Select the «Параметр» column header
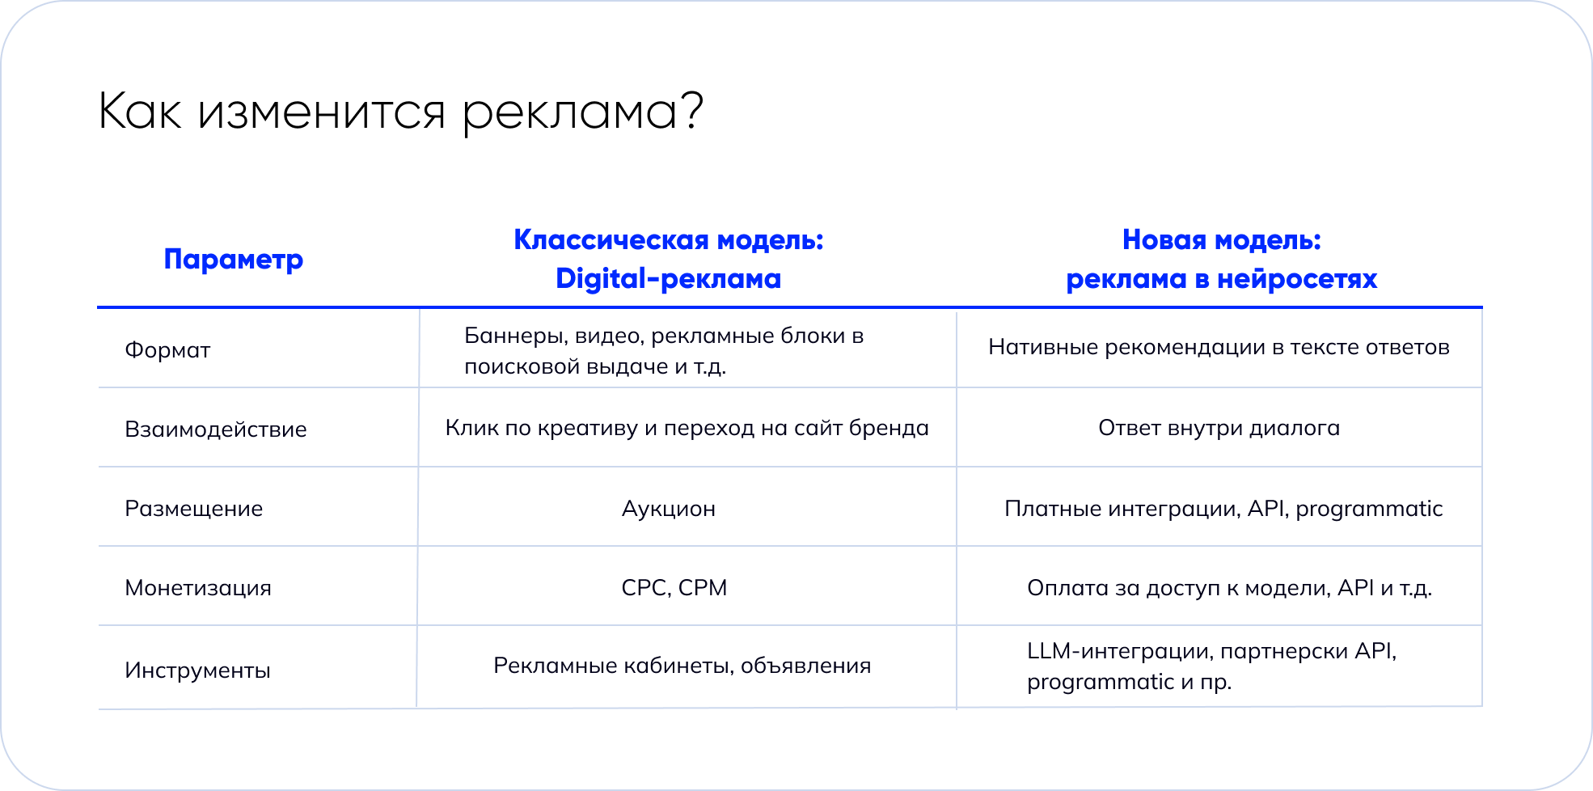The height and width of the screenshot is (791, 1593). [x=233, y=260]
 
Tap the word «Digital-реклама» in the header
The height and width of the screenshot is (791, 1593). [x=668, y=278]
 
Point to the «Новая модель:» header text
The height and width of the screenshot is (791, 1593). [x=1221, y=239]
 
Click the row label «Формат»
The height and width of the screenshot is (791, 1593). [x=167, y=350]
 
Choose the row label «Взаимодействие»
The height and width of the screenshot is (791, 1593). [x=216, y=429]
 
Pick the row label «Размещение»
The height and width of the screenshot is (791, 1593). [x=194, y=510]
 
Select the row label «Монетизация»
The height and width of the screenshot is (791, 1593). [x=198, y=588]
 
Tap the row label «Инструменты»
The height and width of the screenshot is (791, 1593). [x=197, y=671]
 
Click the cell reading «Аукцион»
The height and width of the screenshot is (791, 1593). [x=669, y=510]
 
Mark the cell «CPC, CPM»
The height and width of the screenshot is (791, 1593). [x=674, y=588]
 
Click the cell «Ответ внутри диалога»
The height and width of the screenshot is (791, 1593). [x=1219, y=429]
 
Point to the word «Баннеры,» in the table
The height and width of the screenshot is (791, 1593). [x=516, y=336]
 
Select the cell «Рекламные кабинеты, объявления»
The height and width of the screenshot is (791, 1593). [x=682, y=666]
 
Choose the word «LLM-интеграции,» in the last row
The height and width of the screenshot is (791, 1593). [x=1120, y=652]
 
